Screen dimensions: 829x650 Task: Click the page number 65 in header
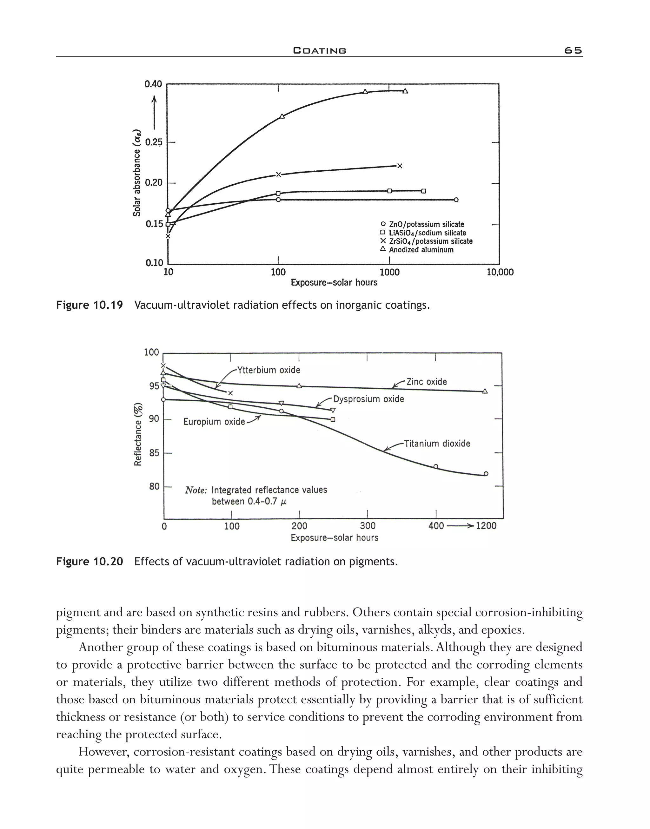click(573, 50)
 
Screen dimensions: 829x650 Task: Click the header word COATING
click(320, 50)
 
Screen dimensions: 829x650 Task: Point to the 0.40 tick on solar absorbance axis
click(153, 84)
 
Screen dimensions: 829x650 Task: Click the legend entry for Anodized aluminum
click(421, 250)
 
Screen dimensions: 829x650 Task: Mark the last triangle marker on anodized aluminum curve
click(405, 91)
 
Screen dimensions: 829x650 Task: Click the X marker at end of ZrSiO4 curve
click(400, 166)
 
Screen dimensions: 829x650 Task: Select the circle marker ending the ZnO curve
click(456, 200)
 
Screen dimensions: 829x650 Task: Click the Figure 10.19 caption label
click(90, 305)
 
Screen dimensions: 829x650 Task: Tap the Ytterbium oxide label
click(269, 370)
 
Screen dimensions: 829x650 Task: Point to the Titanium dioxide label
click(437, 444)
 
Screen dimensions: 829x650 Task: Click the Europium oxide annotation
click(214, 422)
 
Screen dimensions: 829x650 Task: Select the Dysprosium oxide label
click(368, 399)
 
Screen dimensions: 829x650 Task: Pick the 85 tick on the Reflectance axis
click(154, 453)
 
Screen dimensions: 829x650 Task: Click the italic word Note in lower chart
click(196, 490)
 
